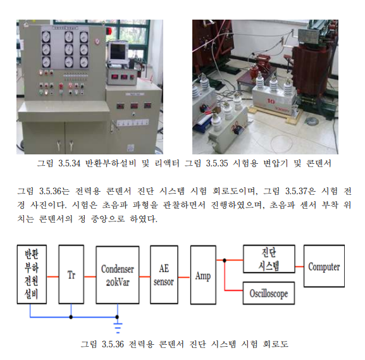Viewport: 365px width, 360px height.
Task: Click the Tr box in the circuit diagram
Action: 71,275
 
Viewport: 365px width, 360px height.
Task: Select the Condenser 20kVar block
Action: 118,275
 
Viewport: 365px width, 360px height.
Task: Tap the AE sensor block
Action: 164,275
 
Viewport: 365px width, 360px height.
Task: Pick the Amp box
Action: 203,275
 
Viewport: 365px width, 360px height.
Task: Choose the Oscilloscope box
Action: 269,293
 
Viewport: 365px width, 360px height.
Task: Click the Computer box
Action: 324,266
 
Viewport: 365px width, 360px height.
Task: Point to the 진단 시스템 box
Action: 269,259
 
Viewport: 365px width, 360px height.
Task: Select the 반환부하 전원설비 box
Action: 32,275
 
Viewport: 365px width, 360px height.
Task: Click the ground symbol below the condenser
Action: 118,327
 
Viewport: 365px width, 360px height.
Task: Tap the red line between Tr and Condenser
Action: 90,276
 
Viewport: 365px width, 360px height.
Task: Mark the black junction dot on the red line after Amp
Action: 225,260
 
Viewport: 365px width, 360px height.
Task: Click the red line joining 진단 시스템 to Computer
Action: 299,266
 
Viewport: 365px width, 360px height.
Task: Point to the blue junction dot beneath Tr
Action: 71,317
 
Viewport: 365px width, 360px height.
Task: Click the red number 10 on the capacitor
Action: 271,101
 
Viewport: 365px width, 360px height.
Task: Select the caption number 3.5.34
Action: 69,163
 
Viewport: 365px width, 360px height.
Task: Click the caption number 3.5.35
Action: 217,163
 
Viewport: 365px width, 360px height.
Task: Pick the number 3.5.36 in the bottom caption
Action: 113,344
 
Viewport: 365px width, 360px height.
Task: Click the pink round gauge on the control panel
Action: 97,41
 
